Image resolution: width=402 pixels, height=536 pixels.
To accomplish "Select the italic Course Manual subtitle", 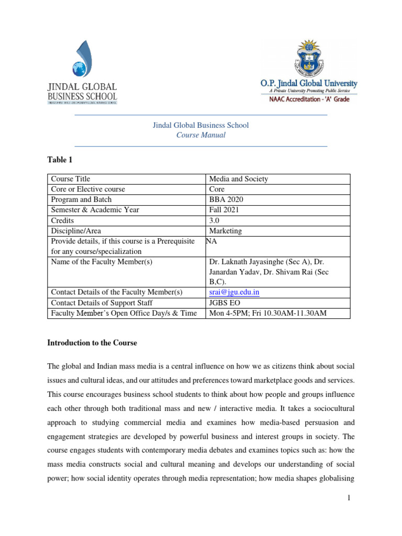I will [x=201, y=135].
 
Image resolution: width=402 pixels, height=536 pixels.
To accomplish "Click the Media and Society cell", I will [x=238, y=179].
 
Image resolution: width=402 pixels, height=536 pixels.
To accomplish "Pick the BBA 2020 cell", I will [x=226, y=199].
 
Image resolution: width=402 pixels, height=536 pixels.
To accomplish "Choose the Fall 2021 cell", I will [x=224, y=210].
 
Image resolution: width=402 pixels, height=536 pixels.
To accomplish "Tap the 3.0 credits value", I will [x=214, y=220].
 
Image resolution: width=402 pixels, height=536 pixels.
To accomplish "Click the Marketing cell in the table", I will [x=225, y=231].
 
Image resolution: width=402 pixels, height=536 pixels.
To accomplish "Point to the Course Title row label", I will [x=70, y=179].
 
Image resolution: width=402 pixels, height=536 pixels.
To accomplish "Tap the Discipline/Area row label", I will [x=76, y=231].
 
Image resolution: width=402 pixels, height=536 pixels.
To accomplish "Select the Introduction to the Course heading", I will [x=92, y=343].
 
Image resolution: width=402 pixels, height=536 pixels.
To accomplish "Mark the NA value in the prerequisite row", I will [x=211, y=241].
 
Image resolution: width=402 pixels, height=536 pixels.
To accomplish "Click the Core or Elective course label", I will [x=88, y=189].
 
